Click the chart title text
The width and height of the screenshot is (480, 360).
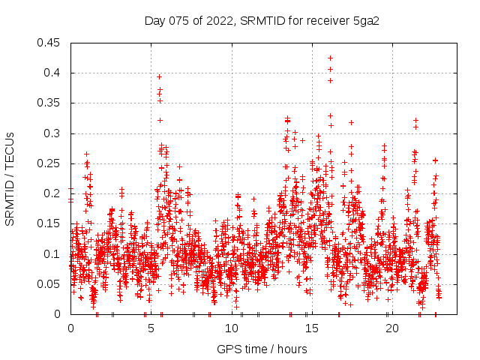(x=262, y=20)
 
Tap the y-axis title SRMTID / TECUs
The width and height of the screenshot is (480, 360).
(x=10, y=178)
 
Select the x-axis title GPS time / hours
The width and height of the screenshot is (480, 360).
(x=262, y=349)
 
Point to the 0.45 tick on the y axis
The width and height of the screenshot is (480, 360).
(x=50, y=43)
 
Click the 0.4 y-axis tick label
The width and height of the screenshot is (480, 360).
(x=53, y=73)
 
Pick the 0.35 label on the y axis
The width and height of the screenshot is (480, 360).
(x=50, y=103)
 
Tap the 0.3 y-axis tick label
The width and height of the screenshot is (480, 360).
(x=53, y=133)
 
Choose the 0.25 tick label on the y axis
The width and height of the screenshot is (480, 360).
(x=50, y=163)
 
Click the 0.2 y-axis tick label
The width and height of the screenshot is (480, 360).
(x=53, y=193)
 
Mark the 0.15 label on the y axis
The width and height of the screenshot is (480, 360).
(x=50, y=223)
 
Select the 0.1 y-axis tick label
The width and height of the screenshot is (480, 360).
(x=53, y=253)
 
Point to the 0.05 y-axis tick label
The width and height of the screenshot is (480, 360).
(x=50, y=284)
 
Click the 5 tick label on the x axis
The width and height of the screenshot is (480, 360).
(x=151, y=328)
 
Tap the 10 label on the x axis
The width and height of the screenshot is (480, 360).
(x=231, y=328)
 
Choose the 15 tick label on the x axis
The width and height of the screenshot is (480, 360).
(x=311, y=328)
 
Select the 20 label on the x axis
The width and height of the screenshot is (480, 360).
(x=391, y=328)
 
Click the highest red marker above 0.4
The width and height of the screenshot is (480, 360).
(x=330, y=58)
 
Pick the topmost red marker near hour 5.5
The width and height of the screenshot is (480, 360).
(x=159, y=76)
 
